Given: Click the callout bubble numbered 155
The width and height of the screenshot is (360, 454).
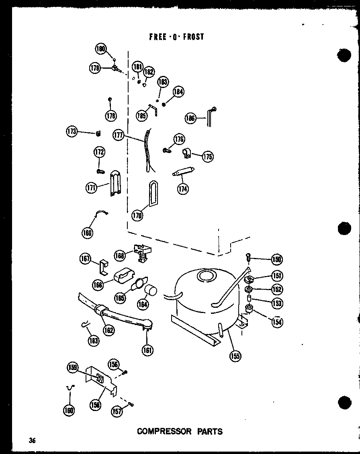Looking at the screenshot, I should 235,356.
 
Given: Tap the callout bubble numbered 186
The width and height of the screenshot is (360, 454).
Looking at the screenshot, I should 190,118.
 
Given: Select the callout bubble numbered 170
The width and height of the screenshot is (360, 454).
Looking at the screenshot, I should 137,216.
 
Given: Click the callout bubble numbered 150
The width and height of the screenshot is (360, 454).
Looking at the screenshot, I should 277,260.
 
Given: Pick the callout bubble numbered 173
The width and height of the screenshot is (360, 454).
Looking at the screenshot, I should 72,131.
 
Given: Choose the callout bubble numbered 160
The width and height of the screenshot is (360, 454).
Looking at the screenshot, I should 69,410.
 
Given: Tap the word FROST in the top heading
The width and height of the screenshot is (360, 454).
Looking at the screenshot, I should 193,37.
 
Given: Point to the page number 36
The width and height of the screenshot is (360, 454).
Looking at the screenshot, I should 32,441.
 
